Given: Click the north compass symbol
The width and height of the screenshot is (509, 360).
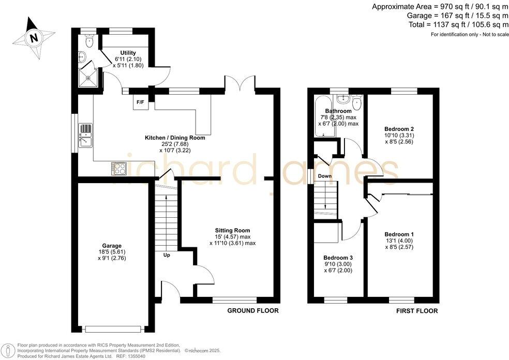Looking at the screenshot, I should (34, 38).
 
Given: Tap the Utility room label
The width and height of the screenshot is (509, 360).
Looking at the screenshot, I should (128, 53).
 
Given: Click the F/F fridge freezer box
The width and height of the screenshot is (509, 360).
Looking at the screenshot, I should (140, 102).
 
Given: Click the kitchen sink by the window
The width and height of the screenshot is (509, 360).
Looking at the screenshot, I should (85, 134).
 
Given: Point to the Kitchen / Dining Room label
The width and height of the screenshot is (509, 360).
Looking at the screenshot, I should (175, 138).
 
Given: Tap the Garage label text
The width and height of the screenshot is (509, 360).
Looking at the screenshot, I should (112, 246).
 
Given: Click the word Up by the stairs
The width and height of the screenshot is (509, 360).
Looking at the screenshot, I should (167, 255).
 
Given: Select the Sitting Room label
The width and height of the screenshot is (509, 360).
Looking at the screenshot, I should (233, 230).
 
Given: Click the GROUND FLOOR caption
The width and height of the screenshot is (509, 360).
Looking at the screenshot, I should (253, 311).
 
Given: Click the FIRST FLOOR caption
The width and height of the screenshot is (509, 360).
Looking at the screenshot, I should (417, 311).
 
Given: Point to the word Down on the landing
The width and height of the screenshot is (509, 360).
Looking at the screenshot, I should (325, 176).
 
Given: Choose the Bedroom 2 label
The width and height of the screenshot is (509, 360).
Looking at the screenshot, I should (398, 129).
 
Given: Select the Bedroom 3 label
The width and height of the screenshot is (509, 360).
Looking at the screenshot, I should (338, 257).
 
